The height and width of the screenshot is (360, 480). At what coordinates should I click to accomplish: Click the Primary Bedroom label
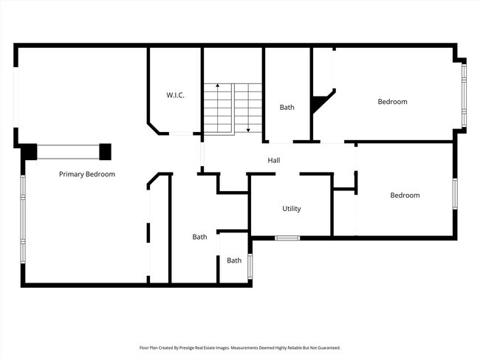tap(87, 174)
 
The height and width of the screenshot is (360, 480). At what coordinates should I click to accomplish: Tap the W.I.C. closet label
tap(175, 95)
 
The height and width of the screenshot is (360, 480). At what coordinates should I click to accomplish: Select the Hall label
tap(273, 160)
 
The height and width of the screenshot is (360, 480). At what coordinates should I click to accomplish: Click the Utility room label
tap(292, 209)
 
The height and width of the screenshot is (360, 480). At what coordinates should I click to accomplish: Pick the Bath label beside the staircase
tap(287, 108)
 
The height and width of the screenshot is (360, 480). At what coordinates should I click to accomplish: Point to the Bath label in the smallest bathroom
tap(234, 260)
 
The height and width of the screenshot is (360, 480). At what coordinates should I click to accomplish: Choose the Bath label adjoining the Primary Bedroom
tap(199, 237)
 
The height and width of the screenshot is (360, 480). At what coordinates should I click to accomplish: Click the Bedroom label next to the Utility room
tap(405, 195)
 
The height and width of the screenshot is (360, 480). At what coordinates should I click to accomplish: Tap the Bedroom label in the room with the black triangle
tap(392, 102)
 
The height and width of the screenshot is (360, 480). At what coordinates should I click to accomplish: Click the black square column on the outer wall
tap(29, 152)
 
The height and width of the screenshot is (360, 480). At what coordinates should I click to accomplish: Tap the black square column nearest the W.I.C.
tap(106, 152)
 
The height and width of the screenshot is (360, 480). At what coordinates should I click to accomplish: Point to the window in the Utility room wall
tap(287, 238)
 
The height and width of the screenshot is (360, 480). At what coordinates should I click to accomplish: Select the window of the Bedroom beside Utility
tap(455, 195)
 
